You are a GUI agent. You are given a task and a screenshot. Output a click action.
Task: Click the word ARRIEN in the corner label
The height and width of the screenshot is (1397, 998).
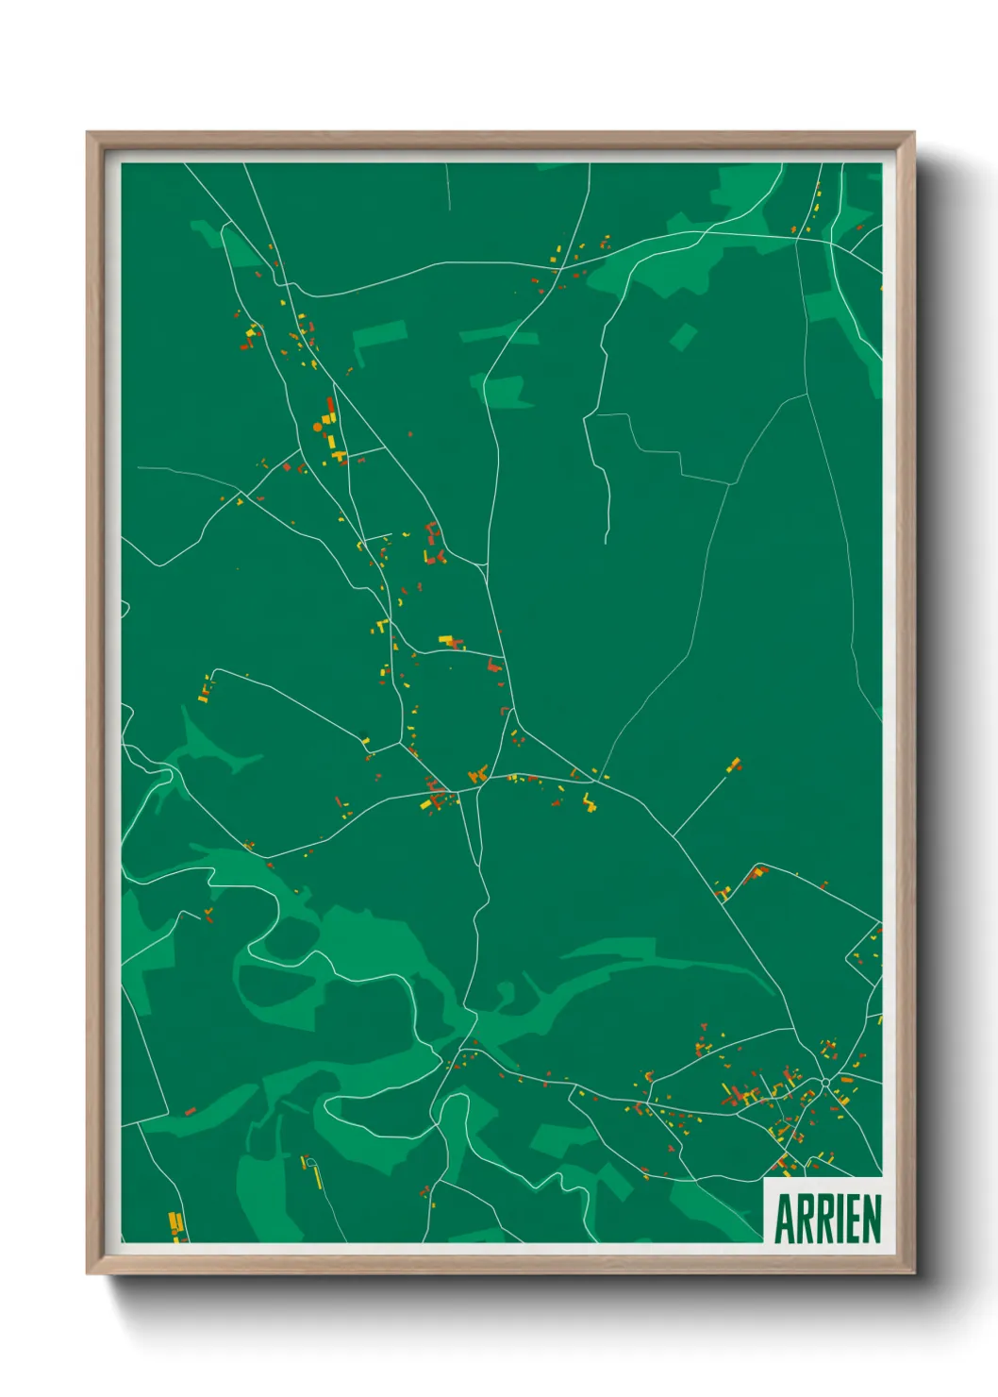[827, 1218]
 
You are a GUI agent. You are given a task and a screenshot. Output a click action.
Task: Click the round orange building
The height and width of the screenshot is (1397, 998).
[318, 427]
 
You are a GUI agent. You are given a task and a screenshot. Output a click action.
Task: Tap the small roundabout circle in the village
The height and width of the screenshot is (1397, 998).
[825, 1083]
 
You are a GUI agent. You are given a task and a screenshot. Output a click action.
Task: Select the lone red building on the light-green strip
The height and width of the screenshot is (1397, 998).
[190, 1111]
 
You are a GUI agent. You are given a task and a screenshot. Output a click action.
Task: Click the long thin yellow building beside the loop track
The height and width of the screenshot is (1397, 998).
[318, 1177]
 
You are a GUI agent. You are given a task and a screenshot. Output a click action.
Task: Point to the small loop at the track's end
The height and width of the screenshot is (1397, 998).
[309, 1162]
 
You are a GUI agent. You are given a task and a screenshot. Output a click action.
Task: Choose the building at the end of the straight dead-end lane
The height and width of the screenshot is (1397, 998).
[734, 765]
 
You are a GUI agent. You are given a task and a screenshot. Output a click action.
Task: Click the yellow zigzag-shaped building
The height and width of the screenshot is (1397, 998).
[590, 803]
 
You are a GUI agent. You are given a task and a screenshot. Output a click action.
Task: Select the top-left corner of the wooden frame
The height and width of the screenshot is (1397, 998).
[89, 134]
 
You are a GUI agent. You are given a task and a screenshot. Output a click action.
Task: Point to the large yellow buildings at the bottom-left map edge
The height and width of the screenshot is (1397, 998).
[175, 1224]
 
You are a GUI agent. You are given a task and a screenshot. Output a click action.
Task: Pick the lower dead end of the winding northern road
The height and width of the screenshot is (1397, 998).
[607, 541]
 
